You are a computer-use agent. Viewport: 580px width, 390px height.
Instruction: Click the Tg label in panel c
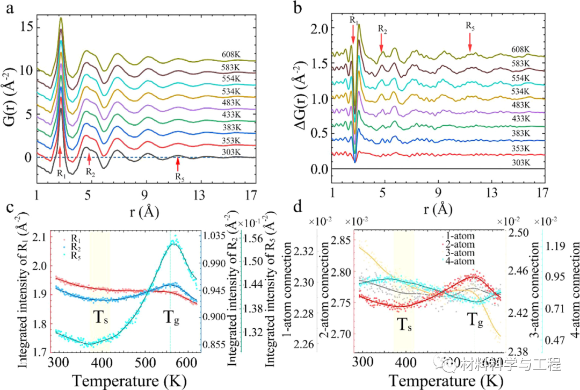[173, 313]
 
